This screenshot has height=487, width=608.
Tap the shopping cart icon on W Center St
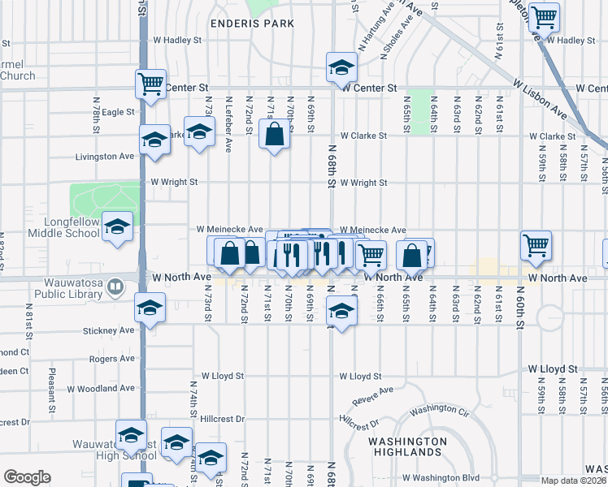tap(151, 84)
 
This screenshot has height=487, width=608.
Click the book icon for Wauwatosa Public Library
tap(116, 286)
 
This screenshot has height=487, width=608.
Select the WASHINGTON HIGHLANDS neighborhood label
tap(406, 446)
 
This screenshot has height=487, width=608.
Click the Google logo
tap(28, 476)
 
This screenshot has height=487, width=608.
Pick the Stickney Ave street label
tap(108, 330)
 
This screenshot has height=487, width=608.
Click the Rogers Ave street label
tap(112, 358)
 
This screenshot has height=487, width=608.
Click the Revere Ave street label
tap(373, 397)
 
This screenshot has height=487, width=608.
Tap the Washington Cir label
tap(440, 410)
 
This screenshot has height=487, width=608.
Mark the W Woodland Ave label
tap(95, 389)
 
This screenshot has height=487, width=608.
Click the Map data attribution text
tap(574, 481)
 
